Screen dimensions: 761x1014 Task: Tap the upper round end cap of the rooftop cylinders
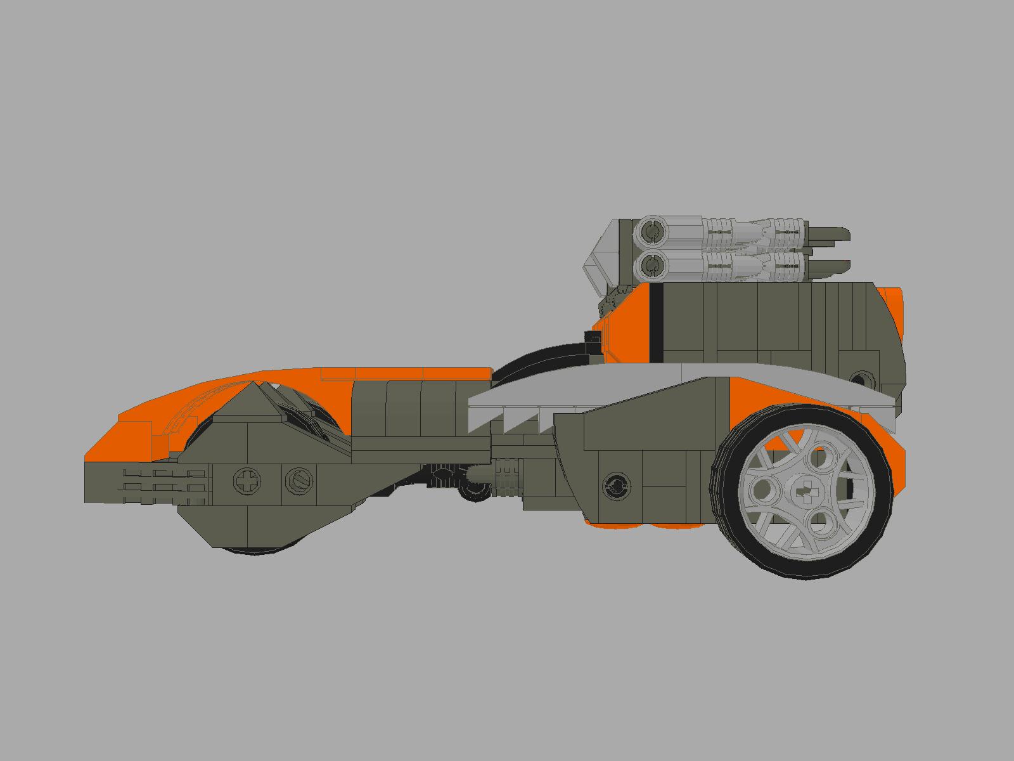coord(651,233)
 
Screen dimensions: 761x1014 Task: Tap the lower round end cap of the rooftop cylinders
coord(651,265)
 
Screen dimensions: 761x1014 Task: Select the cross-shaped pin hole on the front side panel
coord(247,481)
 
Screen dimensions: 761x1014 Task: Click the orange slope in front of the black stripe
coord(627,323)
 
